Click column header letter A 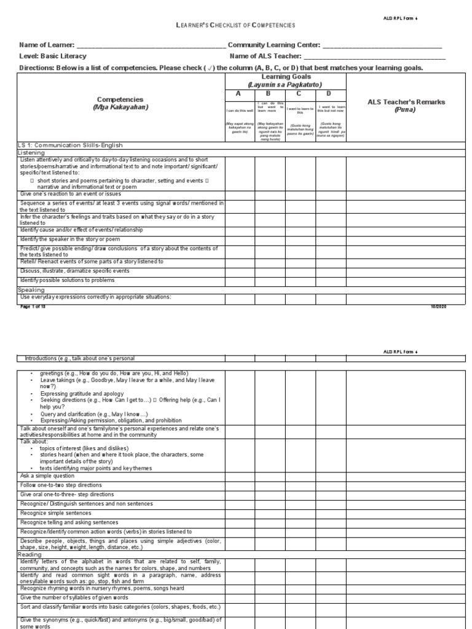click(240, 94)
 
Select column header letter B click(269, 94)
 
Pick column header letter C click(300, 94)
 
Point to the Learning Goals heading click(285, 80)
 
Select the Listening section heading click(31, 152)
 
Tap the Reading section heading click(29, 554)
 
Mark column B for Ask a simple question click(270, 476)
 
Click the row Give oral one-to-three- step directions click(67, 494)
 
